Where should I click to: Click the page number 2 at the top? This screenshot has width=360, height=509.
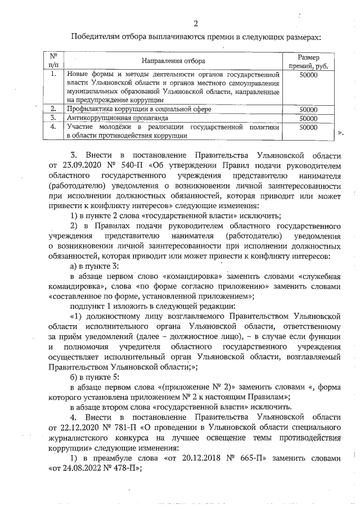click(195, 23)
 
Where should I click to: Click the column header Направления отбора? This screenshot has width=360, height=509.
click(173, 60)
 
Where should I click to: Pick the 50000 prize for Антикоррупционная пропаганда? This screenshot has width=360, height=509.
click(309, 119)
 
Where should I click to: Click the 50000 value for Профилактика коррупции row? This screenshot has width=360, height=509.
click(309, 110)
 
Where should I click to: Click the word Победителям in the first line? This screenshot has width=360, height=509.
click(96, 38)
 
